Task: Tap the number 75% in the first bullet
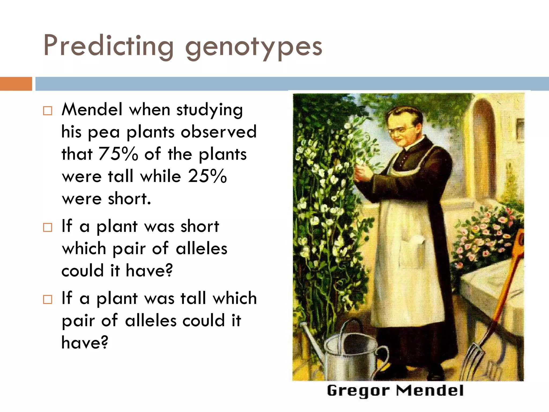pyautogui.click(x=118, y=154)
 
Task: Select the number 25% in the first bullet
pyautogui.click(x=207, y=176)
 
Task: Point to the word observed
pyautogui.click(x=219, y=132)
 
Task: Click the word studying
pyautogui.click(x=209, y=110)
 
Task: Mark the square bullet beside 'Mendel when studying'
pyautogui.click(x=48, y=111)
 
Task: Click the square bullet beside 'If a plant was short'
pyautogui.click(x=48, y=227)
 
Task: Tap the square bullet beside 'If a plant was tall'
pyautogui.click(x=48, y=299)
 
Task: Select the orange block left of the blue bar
pyautogui.click(x=16, y=84)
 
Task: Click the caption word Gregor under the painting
pyautogui.click(x=358, y=391)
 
